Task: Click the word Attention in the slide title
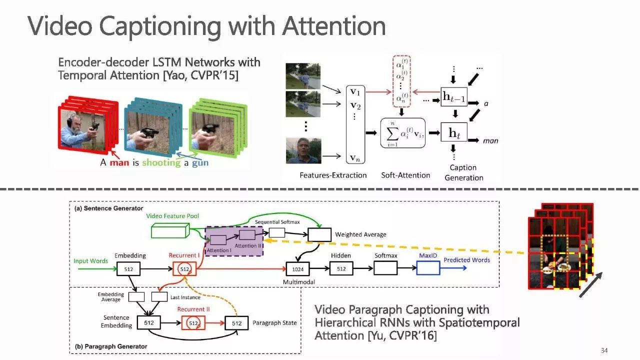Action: [334, 26]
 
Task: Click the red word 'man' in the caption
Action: [119, 163]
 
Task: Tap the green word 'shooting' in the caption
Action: [161, 163]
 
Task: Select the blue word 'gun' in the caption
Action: [200, 163]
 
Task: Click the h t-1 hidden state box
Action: [453, 97]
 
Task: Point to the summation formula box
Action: [402, 133]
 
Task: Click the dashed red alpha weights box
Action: [401, 81]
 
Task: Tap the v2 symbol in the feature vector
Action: [355, 105]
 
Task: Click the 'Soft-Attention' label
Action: [405, 175]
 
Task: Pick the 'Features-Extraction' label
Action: [333, 175]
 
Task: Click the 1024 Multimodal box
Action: [297, 269]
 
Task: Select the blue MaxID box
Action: [428, 268]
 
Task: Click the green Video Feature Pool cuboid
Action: [170, 231]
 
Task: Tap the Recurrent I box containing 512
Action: [184, 269]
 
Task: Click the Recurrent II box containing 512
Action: [193, 323]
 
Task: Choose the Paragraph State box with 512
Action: [236, 323]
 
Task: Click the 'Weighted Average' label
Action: [360, 234]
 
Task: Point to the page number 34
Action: [604, 350]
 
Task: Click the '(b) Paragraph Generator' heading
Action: [111, 346]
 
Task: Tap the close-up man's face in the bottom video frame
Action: [303, 150]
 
